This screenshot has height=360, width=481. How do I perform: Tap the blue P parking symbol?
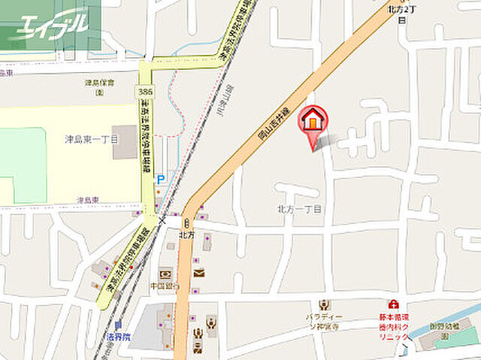click(x=160, y=180)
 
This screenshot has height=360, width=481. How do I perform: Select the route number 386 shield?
click(x=146, y=91)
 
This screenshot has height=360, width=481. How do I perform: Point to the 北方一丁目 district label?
click(x=298, y=210)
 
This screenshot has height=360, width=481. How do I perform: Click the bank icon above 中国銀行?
click(x=165, y=272)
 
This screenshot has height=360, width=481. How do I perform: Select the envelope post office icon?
click(x=199, y=273)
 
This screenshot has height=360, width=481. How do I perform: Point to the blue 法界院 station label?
click(x=117, y=337)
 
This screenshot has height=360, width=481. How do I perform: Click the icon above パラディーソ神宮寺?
click(x=324, y=305)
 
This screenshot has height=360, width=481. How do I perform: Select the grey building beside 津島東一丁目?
click(x=125, y=142)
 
